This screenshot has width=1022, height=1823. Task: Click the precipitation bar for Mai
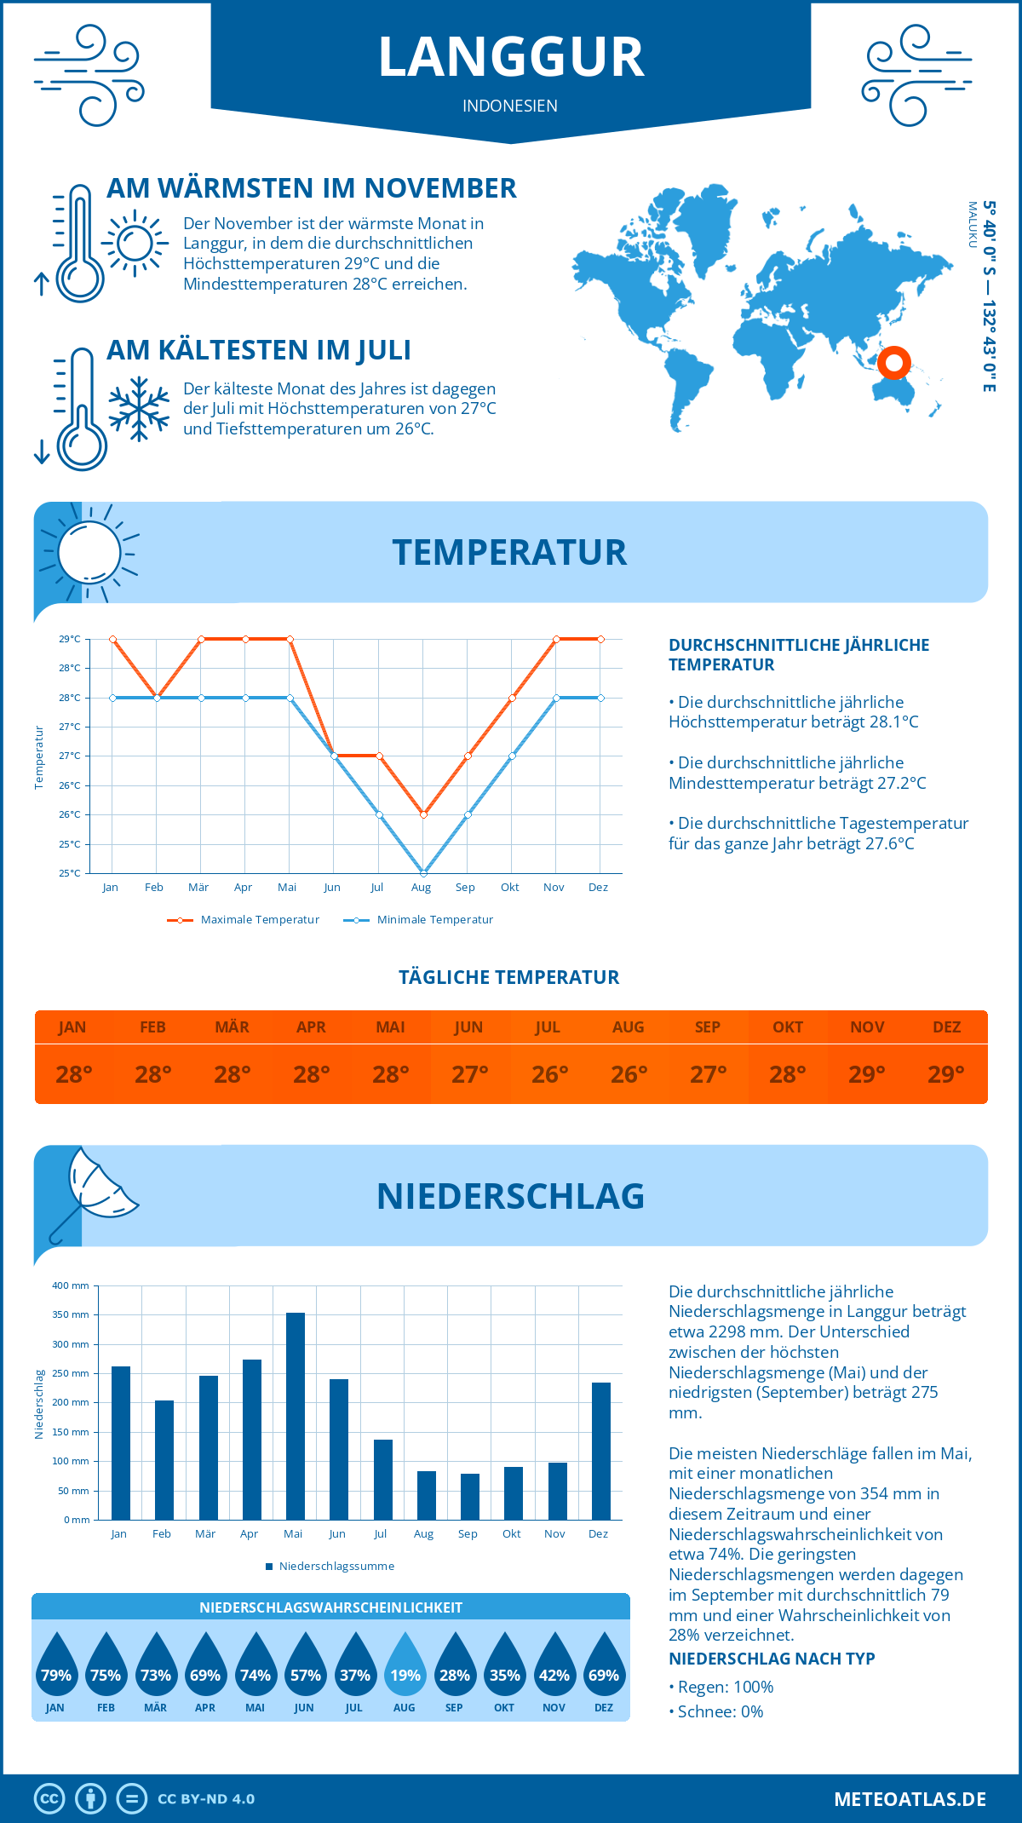tap(295, 1416)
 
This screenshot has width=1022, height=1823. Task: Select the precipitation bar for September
tap(469, 1497)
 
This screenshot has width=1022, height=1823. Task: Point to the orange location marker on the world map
tap(893, 363)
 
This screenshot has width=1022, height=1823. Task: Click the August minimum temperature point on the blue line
tap(423, 872)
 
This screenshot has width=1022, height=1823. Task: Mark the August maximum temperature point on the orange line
tap(423, 814)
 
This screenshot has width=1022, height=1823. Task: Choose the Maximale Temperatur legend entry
tap(244, 920)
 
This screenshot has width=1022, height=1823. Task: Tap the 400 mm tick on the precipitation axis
tap(72, 1285)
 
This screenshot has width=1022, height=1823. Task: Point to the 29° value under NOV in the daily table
tap(866, 1074)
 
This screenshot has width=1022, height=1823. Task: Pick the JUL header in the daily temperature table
tap(548, 1027)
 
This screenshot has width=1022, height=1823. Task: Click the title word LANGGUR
tap(511, 58)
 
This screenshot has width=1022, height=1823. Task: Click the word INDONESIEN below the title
tap(510, 106)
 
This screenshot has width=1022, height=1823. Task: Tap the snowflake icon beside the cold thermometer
tap(139, 409)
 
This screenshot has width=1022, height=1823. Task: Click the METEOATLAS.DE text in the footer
tap(910, 1799)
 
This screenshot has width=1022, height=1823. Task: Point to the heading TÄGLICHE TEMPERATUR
tap(509, 978)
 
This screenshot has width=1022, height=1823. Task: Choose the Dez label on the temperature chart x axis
tap(598, 888)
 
